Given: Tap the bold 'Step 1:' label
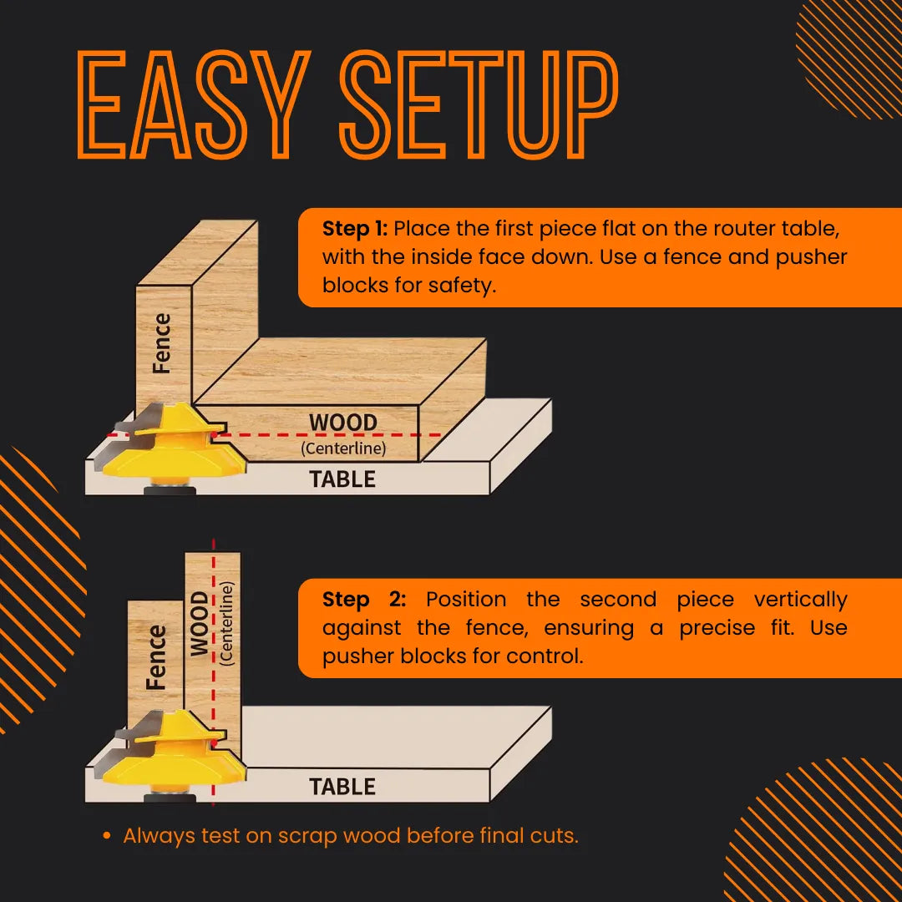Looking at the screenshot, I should (354, 229).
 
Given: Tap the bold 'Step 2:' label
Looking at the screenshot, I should (364, 600).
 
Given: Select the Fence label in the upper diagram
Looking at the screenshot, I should (161, 343).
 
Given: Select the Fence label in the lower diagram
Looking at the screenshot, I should (155, 658).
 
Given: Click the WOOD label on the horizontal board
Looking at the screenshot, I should (342, 423).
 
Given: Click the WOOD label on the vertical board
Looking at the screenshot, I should (200, 624).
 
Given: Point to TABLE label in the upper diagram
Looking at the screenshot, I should (342, 479).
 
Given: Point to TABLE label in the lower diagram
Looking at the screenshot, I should (342, 787).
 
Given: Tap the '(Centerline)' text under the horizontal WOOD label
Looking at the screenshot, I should (342, 448).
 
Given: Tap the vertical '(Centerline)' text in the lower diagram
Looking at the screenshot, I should (227, 622).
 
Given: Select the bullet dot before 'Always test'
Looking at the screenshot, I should (106, 836).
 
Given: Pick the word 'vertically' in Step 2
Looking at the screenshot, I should (800, 600).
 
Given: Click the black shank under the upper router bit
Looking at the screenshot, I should (170, 490).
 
